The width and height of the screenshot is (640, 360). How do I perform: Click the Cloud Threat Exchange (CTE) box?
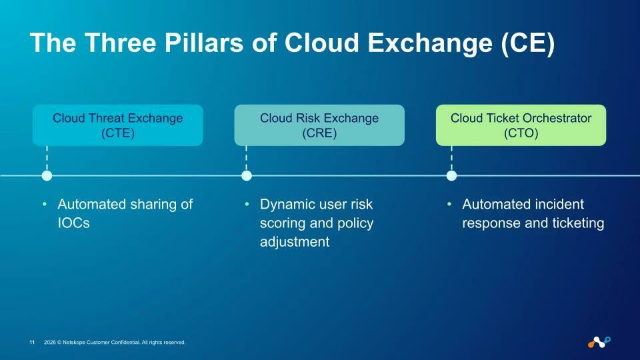(117, 125)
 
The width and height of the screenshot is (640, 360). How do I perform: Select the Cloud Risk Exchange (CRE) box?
(319, 125)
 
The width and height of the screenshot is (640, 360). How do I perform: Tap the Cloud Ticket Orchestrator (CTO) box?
(521, 125)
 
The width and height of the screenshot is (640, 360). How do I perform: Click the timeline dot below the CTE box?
(47, 176)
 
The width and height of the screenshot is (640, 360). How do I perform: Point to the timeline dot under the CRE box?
(247, 176)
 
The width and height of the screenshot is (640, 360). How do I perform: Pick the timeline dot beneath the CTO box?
(451, 176)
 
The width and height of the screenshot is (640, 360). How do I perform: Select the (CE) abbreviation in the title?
(528, 43)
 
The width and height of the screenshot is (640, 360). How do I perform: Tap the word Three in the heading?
(121, 43)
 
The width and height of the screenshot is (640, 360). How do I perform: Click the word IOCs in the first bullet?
(73, 223)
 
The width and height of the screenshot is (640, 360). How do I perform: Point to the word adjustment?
(295, 241)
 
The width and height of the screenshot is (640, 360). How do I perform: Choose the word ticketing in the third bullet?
(578, 223)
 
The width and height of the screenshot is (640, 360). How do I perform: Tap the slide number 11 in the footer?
(32, 343)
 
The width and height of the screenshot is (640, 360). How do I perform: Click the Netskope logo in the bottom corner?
(599, 342)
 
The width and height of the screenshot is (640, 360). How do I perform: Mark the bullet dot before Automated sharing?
(45, 204)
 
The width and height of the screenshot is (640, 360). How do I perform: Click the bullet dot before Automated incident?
(449, 204)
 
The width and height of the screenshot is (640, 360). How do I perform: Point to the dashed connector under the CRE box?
(246, 159)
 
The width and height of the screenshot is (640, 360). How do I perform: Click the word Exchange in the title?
(429, 43)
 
